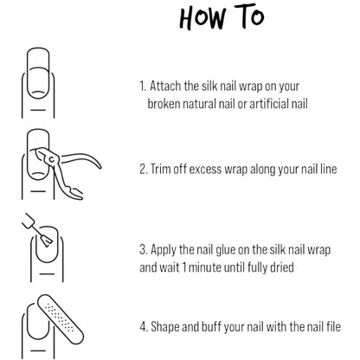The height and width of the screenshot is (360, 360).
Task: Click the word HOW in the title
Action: pos(202,18)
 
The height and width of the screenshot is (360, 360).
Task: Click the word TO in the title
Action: pos(249,15)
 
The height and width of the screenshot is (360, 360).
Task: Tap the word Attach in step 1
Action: pos(165,86)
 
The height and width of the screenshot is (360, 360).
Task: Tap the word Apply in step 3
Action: pos(164,250)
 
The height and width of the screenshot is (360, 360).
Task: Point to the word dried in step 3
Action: pos(282,267)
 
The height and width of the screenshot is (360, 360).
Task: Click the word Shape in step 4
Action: pos(165,327)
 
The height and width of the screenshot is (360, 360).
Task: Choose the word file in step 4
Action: pos(334,326)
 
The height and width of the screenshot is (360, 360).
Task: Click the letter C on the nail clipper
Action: pos(52,159)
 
